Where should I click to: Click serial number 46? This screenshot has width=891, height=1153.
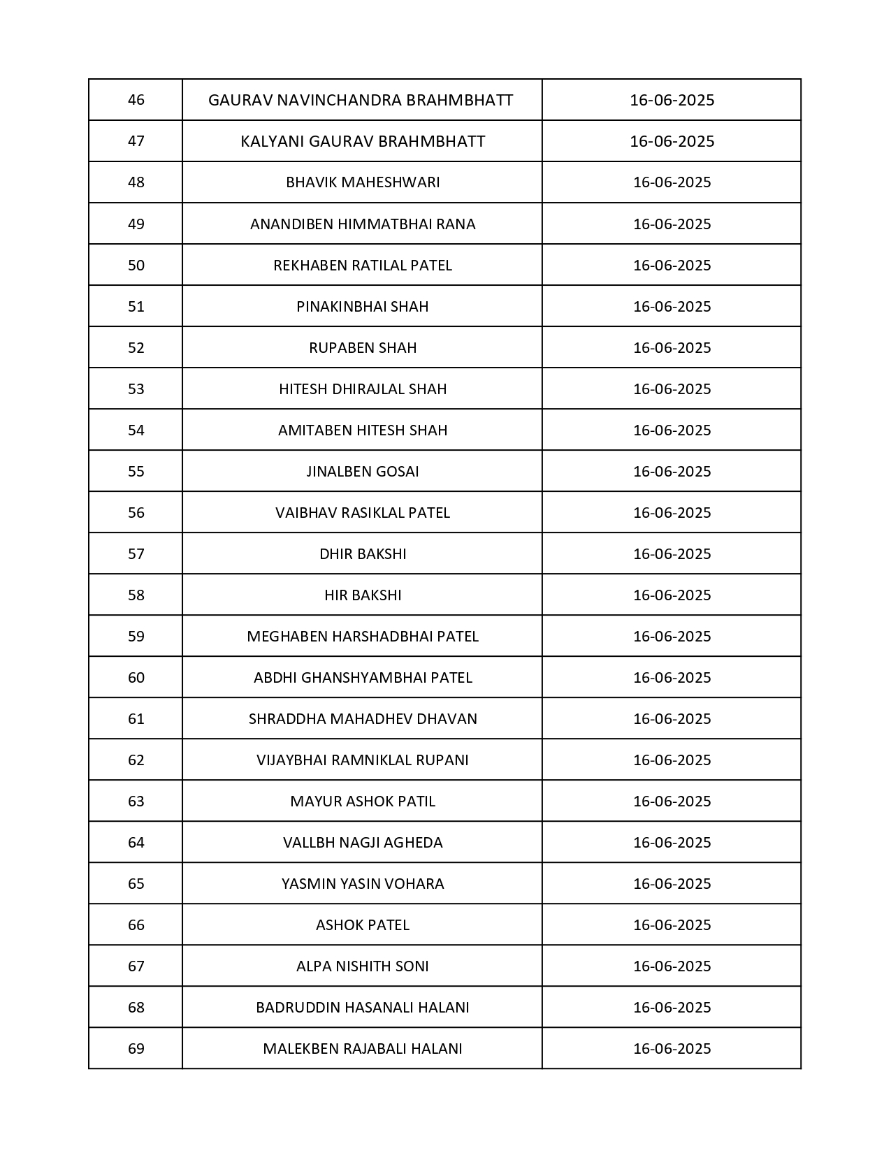(x=136, y=100)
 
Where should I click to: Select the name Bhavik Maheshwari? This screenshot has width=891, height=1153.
(x=363, y=182)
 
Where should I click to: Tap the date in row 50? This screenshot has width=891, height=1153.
(x=672, y=266)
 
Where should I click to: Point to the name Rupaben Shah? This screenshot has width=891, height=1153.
(x=363, y=348)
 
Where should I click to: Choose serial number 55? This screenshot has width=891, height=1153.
(x=136, y=472)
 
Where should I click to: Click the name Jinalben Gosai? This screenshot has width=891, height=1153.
(x=363, y=472)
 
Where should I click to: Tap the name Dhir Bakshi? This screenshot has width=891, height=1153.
(x=363, y=554)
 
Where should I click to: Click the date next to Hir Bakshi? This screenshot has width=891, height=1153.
(x=672, y=595)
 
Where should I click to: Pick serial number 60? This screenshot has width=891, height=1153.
(x=136, y=678)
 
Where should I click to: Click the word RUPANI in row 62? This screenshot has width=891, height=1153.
(x=445, y=760)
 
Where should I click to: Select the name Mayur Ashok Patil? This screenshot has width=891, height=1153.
(x=363, y=802)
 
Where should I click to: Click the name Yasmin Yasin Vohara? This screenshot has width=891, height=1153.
(x=363, y=884)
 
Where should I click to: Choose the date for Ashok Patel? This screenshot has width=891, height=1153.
(x=672, y=925)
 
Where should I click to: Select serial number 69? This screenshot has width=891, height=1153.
(x=136, y=1049)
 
